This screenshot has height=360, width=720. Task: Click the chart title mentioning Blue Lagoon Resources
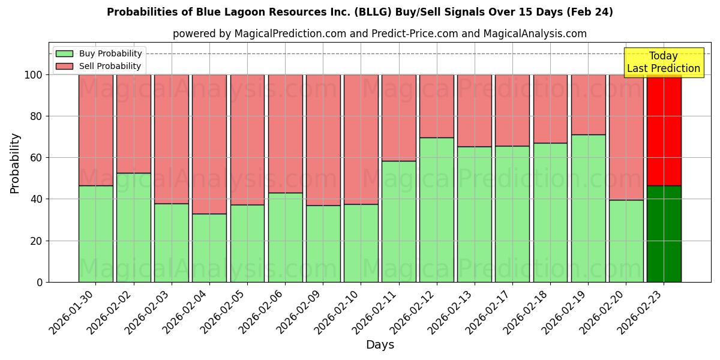pyautogui.click(x=360, y=12)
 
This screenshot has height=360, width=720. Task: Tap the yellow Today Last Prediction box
pyautogui.click(x=663, y=62)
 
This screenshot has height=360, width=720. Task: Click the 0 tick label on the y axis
pyautogui.click(x=40, y=282)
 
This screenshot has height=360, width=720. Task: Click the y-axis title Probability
pyautogui.click(x=15, y=163)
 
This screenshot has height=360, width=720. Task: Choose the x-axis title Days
pyautogui.click(x=380, y=345)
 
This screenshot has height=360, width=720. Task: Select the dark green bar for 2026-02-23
pyautogui.click(x=664, y=234)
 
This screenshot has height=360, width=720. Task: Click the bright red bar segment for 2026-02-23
pyautogui.click(x=664, y=129)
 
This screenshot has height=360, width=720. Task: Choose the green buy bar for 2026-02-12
pyautogui.click(x=436, y=210)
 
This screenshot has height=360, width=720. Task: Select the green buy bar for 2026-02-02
pyautogui.click(x=133, y=227)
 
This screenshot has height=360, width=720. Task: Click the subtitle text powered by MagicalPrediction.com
pyautogui.click(x=379, y=34)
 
